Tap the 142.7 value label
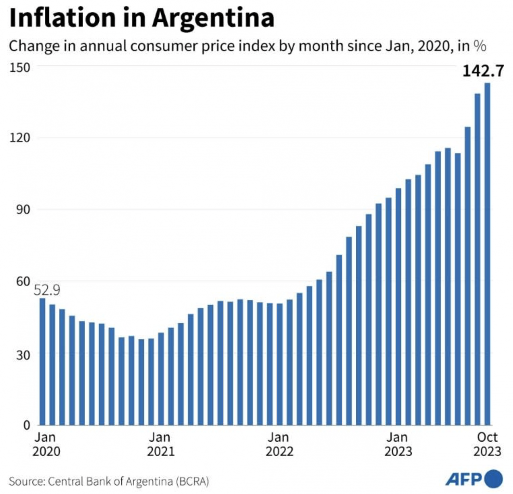pyautogui.click(x=483, y=71)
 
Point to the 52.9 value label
pyautogui.click(x=47, y=290)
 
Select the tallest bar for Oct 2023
pyautogui.click(x=487, y=254)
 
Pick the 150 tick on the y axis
pyautogui.click(x=20, y=67)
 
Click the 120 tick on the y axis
pyautogui.click(x=20, y=138)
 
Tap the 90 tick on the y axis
pyautogui.click(x=23, y=210)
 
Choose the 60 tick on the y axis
pyautogui.click(x=23, y=282)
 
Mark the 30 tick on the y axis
pyautogui.click(x=23, y=355)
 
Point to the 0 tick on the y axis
pyautogui.click(x=27, y=425)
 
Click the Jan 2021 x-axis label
pyautogui.click(x=160, y=444)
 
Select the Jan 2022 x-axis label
pyautogui.click(x=279, y=444)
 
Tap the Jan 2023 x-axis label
pyautogui.click(x=398, y=444)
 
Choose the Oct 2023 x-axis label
pyautogui.click(x=487, y=444)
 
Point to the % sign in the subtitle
pyautogui.click(x=480, y=46)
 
